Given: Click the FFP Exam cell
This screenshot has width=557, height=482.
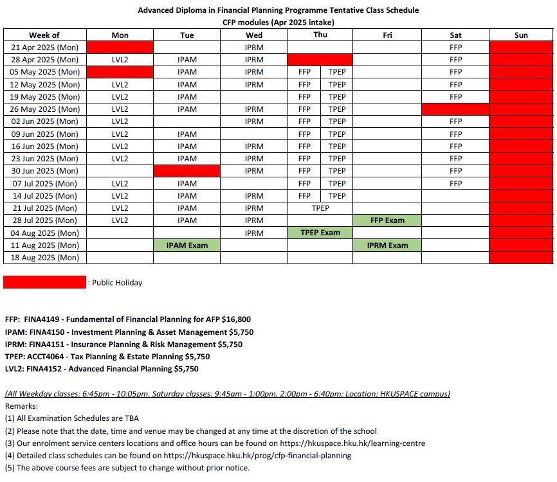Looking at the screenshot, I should tap(387, 220).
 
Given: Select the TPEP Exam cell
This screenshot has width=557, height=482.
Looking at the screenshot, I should tap(320, 233).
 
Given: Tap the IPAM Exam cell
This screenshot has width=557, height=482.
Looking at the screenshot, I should tap(187, 245).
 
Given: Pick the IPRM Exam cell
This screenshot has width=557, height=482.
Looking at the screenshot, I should tap(387, 245).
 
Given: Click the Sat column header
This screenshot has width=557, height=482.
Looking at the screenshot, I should tap(455, 35).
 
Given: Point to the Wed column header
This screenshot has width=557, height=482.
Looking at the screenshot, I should tap(254, 35).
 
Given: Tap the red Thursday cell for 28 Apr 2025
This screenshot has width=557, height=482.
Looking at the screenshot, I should tap(320, 60).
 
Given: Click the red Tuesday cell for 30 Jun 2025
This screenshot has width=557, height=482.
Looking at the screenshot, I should tap(187, 171).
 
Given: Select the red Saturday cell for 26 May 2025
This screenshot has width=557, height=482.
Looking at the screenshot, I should tap(455, 109).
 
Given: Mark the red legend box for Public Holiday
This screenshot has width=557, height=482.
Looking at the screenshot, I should tap(44, 282).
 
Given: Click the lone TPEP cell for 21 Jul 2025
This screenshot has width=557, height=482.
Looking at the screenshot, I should tap(320, 208).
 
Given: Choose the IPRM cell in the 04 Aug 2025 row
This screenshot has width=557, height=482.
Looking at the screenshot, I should tap(254, 233).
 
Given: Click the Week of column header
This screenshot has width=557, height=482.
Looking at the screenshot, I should tap(44, 35).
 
